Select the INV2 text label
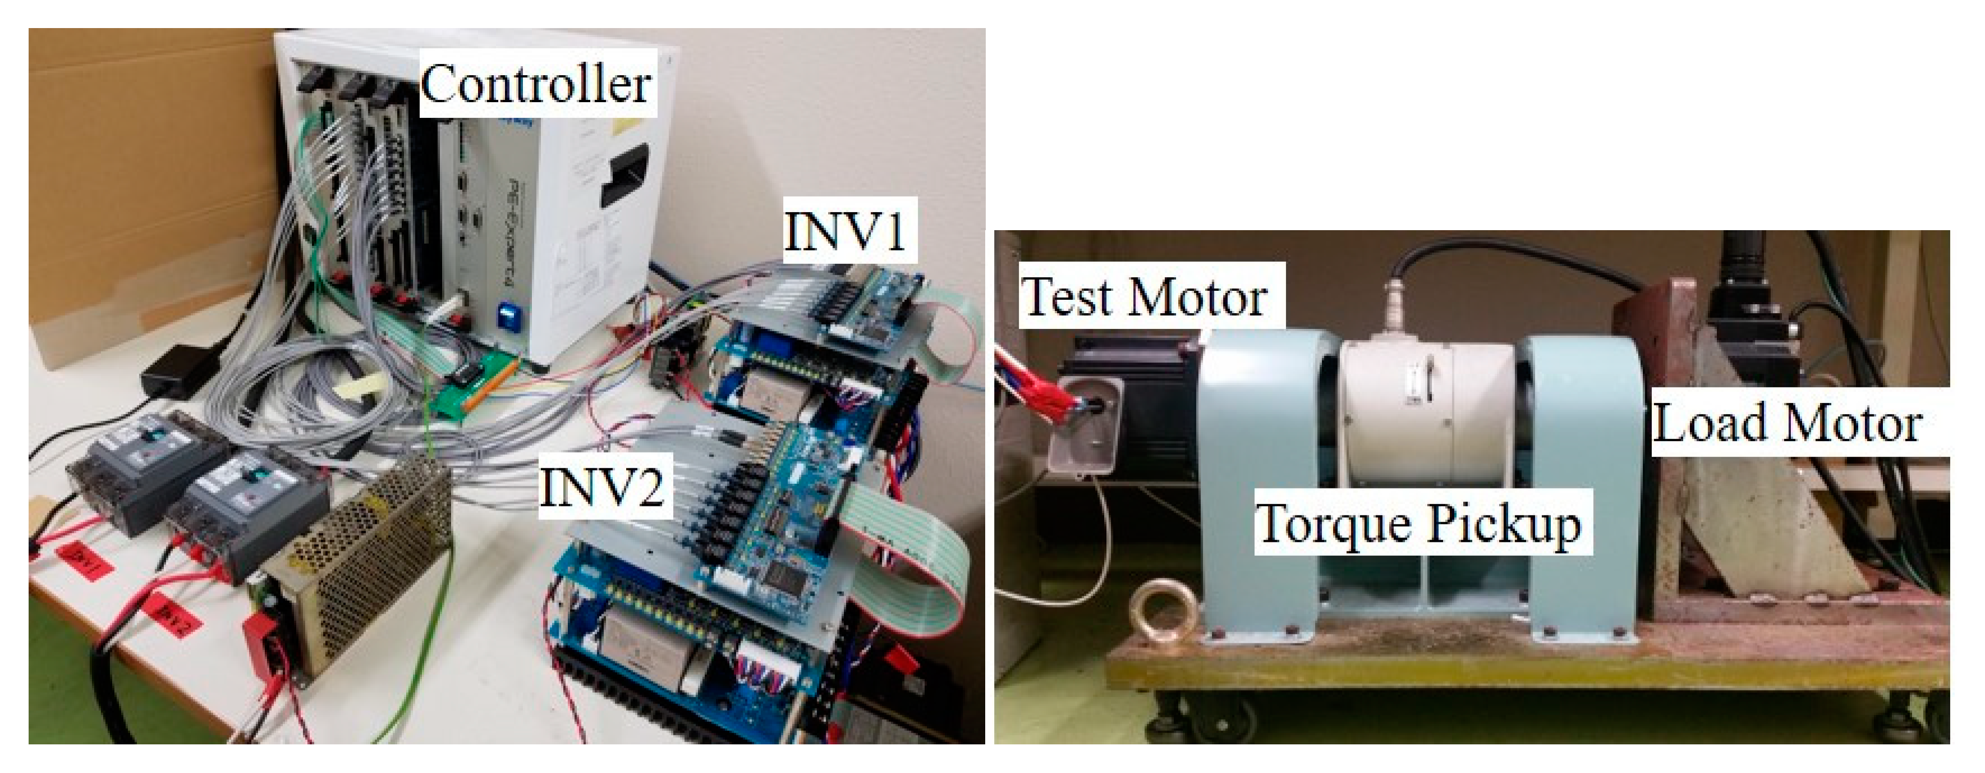click(x=603, y=486)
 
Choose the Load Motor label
click(x=1788, y=424)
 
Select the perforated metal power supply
click(x=362, y=555)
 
